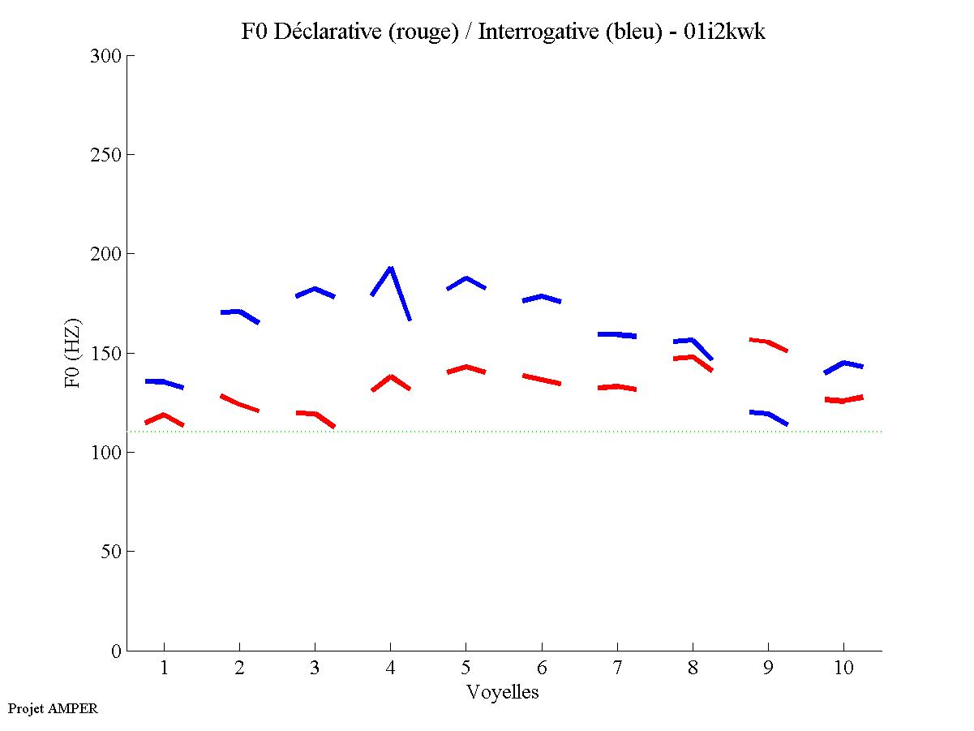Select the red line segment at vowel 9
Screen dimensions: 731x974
[767, 342]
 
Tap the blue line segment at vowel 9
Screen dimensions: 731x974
[767, 414]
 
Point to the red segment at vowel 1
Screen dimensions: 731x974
[164, 415]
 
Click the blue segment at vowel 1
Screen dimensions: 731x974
[164, 381]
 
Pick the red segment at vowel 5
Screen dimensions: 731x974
[466, 367]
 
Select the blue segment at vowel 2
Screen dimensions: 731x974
[238, 312]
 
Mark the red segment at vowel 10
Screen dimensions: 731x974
[843, 400]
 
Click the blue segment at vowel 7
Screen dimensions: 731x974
[617, 334]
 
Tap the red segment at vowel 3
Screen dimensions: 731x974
[315, 414]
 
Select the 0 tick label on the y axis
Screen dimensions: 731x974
[116, 651]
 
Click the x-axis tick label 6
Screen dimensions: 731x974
[541, 668]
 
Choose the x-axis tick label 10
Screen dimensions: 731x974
[843, 668]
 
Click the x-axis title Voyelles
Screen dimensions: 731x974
[503, 692]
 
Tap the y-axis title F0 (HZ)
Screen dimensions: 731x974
[74, 353]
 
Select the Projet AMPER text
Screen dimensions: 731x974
[53, 708]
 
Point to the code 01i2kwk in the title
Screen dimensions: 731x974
[725, 32]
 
